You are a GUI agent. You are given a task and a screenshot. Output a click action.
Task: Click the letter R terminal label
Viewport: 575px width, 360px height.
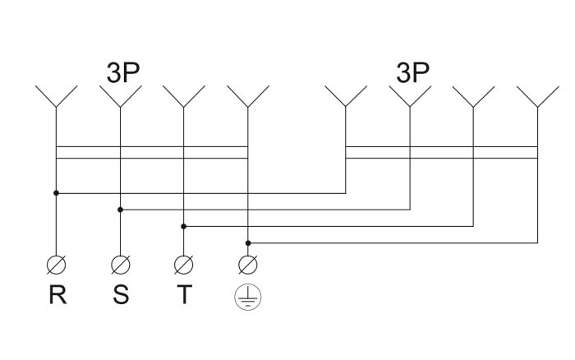click(57, 294)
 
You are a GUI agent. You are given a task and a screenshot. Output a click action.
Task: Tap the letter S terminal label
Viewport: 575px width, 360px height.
click(121, 294)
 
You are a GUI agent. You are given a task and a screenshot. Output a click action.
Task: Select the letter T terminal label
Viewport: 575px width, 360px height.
click(184, 294)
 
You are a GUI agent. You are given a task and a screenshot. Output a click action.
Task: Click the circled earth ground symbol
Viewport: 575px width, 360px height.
click(248, 297)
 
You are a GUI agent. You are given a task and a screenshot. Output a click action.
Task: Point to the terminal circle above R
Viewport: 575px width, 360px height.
click(57, 265)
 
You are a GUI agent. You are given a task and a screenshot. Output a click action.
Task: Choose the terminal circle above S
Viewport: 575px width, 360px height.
click(121, 265)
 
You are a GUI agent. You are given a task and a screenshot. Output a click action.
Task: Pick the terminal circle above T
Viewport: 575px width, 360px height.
click(184, 265)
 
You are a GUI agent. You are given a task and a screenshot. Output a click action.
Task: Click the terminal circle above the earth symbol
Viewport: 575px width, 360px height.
click(248, 265)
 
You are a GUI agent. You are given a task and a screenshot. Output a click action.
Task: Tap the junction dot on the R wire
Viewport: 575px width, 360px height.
click(56, 193)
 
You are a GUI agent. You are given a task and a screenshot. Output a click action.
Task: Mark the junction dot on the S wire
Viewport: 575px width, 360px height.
click(120, 210)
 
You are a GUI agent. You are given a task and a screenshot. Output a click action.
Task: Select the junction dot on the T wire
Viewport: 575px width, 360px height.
click(184, 226)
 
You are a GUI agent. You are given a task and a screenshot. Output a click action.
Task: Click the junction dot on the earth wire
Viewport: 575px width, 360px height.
click(248, 243)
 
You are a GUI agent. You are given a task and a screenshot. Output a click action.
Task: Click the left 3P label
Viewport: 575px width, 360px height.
click(123, 72)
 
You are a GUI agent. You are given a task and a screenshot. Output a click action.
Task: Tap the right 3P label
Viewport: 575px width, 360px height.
click(412, 72)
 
